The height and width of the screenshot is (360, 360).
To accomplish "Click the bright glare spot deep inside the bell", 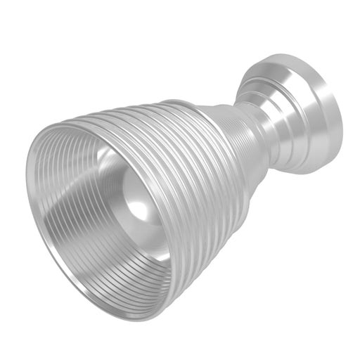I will click(x=139, y=208).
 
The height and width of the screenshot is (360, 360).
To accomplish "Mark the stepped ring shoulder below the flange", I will click(x=271, y=95).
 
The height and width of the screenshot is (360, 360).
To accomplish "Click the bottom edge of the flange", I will click(x=309, y=170).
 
